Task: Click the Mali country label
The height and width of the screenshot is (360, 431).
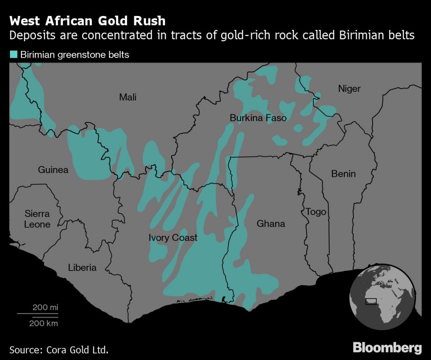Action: [x=128, y=98]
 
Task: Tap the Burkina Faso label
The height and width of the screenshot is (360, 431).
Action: [x=258, y=118]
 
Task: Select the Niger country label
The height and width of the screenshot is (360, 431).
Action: [x=349, y=89]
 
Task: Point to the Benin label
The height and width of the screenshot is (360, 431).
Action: [x=343, y=173]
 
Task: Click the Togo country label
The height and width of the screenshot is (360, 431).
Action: [x=316, y=211]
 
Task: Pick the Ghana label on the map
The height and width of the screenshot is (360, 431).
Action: [x=271, y=224]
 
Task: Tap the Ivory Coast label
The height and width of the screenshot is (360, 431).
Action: [x=173, y=238]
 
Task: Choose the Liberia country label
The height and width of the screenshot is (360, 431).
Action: [x=82, y=267]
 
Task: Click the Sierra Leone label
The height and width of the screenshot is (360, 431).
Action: [x=37, y=219]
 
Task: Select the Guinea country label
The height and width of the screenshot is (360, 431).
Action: [x=53, y=170]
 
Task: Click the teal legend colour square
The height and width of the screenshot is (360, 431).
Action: [x=13, y=54]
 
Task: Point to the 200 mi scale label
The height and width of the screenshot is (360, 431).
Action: [x=45, y=307]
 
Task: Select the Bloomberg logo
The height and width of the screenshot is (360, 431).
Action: [x=387, y=348]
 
